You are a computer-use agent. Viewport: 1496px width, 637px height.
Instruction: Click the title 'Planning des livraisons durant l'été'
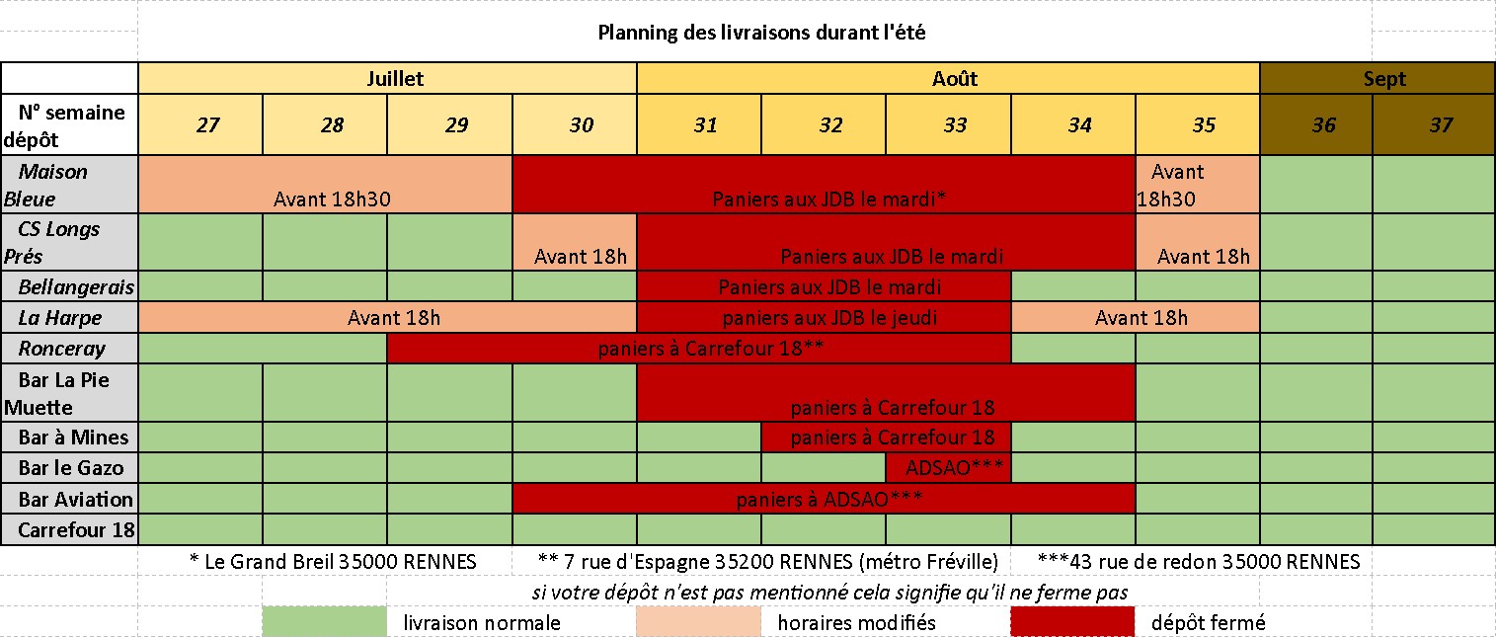point(761,33)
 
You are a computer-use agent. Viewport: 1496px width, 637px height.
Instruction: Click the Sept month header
point(1383,79)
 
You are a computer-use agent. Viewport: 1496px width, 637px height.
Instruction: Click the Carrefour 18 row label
point(75,530)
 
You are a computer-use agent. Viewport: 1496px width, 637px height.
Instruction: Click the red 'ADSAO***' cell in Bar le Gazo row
point(948,467)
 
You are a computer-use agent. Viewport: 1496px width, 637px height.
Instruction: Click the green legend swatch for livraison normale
point(324,622)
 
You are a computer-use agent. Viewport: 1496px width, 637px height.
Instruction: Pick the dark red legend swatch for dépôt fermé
point(1072,622)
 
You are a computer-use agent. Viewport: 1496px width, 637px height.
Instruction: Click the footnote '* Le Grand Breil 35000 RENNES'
point(333,562)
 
